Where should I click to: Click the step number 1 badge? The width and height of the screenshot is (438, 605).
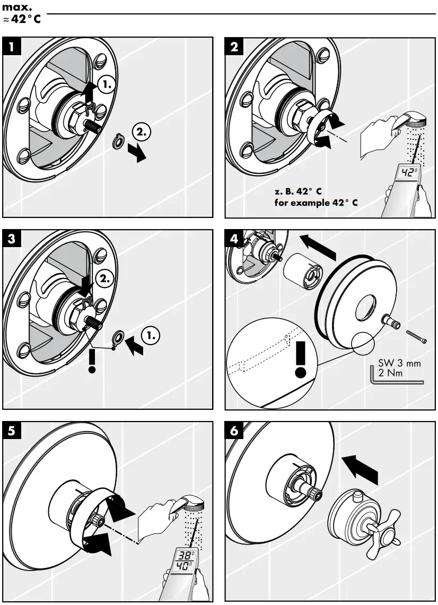(x=12, y=46)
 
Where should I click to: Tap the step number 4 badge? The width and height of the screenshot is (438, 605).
(x=234, y=239)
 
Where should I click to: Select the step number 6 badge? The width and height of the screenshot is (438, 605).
(x=234, y=431)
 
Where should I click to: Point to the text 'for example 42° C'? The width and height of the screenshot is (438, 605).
(x=317, y=202)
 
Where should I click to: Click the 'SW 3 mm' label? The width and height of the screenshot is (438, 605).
(x=399, y=364)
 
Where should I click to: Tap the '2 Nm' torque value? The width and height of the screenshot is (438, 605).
(x=390, y=373)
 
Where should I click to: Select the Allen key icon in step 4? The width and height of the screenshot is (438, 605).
(x=392, y=378)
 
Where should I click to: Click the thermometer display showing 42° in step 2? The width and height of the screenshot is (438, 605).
(x=408, y=172)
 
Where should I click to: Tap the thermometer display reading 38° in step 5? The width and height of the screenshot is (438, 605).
(x=186, y=555)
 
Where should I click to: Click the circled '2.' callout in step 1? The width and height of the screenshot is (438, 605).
(x=144, y=129)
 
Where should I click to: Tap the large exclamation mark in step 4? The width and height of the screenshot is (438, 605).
(x=301, y=358)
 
